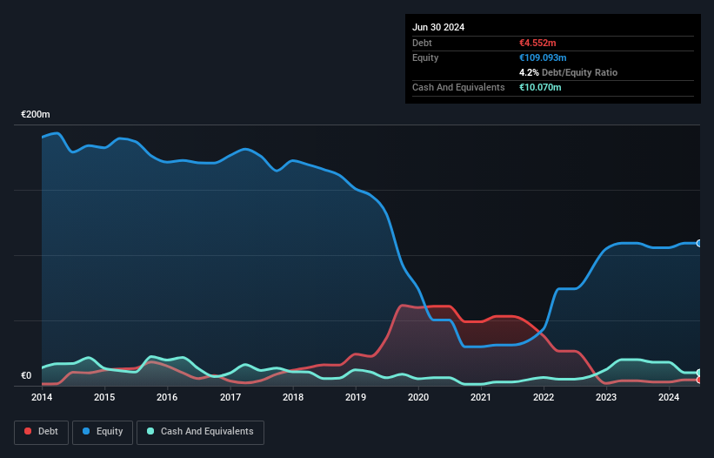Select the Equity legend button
[102, 432]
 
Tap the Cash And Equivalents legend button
[200, 432]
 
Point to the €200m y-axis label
[36, 115]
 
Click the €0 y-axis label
[26, 376]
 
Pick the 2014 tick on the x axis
[42, 398]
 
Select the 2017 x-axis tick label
[230, 398]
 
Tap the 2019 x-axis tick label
[356, 398]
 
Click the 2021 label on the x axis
[481, 398]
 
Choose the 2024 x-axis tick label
[669, 398]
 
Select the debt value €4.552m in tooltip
[539, 43]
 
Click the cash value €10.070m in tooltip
[542, 87]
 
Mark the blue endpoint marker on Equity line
[699, 243]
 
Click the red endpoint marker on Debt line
[699, 380]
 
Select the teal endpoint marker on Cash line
[699, 373]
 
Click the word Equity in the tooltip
[425, 57]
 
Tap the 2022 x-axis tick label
[544, 398]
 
